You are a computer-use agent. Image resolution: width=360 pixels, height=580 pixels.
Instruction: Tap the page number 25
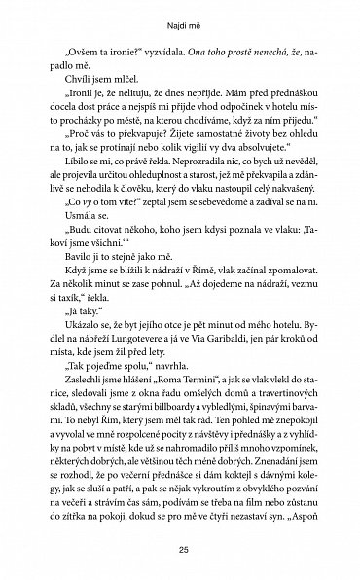click(x=179, y=555)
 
